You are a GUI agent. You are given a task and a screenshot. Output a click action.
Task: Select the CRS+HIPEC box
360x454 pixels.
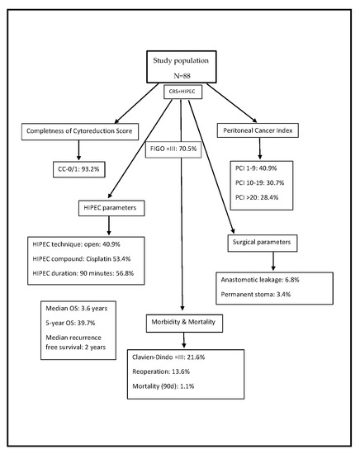[x=179, y=91]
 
